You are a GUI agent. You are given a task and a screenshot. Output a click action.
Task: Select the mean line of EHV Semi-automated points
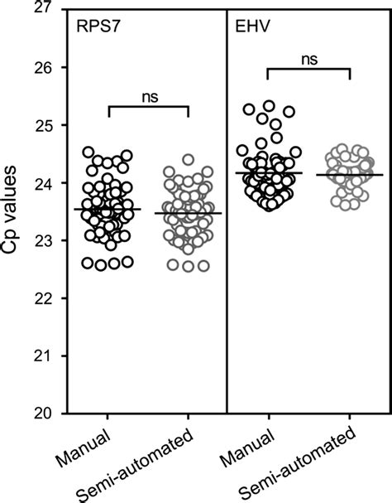tap(349, 175)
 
